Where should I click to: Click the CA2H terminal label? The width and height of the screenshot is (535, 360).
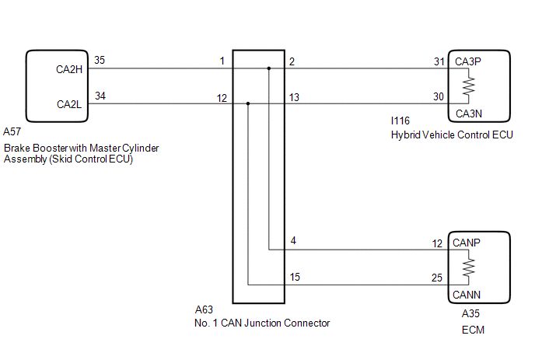69,70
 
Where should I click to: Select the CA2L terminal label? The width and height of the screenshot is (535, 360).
69,104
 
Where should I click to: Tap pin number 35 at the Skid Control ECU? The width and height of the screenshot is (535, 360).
100,60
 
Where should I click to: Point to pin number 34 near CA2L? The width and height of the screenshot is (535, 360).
100,96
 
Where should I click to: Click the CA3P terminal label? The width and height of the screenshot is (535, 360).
468,61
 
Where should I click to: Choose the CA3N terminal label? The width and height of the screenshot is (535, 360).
469,114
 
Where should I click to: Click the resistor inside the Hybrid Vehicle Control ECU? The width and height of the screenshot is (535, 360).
468,86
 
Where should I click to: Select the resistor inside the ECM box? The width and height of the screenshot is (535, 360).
468,267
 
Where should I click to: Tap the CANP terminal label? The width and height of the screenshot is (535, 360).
467,243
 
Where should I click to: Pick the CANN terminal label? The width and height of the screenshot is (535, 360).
467,295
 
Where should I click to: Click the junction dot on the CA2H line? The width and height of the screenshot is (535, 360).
269,68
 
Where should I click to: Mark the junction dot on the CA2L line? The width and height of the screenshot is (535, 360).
248,103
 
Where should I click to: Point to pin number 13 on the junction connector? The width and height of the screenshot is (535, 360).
294,98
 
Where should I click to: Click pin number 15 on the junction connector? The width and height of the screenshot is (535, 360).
295,277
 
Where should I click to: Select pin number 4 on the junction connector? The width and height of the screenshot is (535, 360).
293,241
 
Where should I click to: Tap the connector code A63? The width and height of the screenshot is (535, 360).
204,309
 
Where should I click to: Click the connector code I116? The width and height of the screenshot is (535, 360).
400,121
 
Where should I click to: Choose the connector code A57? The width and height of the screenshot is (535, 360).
12,131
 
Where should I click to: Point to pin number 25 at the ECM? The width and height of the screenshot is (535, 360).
437,278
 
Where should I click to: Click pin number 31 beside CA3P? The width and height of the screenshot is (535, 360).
439,61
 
